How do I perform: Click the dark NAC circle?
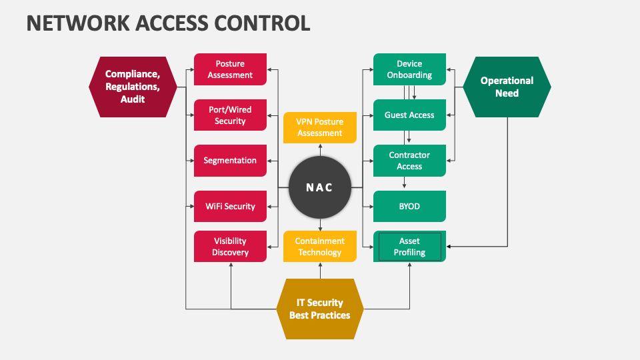(x=320, y=187)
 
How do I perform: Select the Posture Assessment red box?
(x=230, y=69)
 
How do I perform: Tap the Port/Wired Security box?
(x=230, y=115)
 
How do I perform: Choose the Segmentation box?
(x=230, y=161)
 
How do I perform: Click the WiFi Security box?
(x=230, y=206)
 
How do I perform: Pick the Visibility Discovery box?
(x=230, y=247)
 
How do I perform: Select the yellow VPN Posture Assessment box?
(x=320, y=127)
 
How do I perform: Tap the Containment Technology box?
(x=320, y=247)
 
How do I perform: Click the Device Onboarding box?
(x=409, y=69)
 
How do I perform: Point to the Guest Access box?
(x=409, y=115)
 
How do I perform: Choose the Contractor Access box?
(x=409, y=161)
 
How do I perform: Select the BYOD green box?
(x=409, y=206)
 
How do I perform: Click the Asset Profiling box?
(x=409, y=247)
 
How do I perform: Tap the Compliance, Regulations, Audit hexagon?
(x=133, y=87)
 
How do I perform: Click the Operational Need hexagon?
(x=507, y=87)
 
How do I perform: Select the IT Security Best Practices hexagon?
(x=320, y=309)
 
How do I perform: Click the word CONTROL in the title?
(x=262, y=23)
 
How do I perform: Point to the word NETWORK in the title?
(x=78, y=23)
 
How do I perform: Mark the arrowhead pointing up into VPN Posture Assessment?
(x=320, y=146)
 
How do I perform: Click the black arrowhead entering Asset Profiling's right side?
(x=449, y=247)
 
